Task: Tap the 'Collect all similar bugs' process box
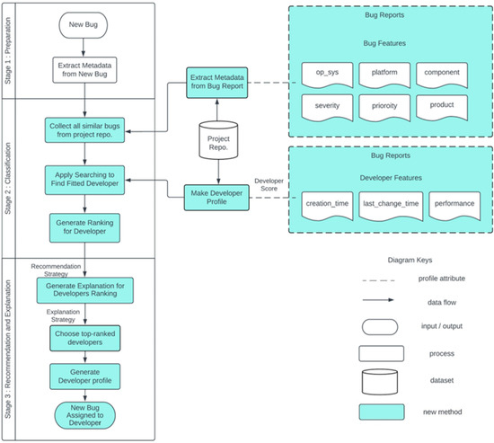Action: click(x=85, y=129)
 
